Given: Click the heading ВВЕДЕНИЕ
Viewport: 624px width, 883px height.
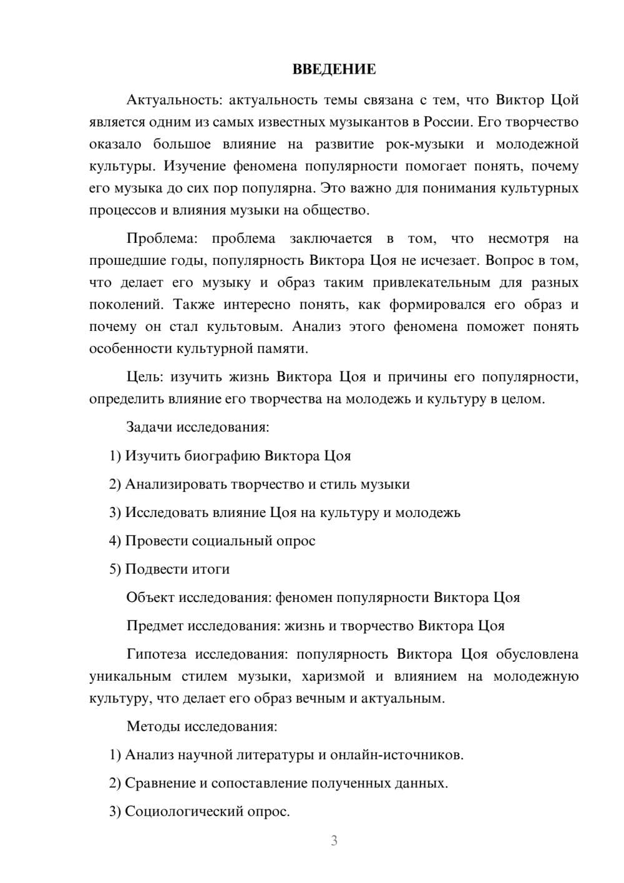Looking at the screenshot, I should (x=334, y=69).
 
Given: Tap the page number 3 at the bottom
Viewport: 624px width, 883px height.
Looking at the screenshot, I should (x=334, y=841).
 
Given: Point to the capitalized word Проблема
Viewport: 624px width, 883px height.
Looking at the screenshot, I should (x=162, y=239).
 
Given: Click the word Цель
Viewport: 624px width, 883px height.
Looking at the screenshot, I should (x=145, y=377).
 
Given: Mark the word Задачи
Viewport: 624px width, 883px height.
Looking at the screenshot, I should (x=150, y=428).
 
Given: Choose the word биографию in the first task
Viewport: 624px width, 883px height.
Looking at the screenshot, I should (x=223, y=456).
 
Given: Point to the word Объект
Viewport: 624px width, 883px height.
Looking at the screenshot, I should (x=150, y=598).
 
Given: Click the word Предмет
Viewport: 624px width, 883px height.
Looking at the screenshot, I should (x=155, y=626).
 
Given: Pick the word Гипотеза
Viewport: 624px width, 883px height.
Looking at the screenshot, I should (x=157, y=654).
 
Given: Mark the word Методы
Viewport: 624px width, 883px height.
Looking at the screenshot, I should (x=150, y=726).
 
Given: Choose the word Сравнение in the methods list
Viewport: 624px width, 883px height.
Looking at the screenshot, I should (x=160, y=783).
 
